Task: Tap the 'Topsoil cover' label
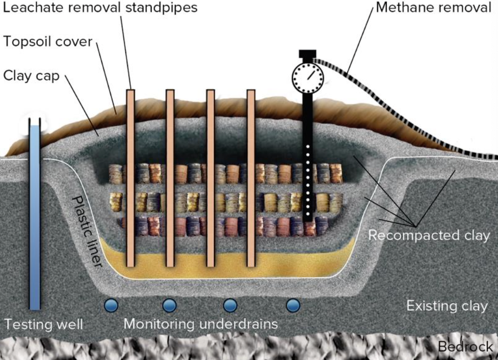[x=47, y=41]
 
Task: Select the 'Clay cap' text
[x=31, y=76]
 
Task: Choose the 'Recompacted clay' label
[x=429, y=236]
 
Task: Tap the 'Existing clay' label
[x=447, y=306]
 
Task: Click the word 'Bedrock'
[x=465, y=347]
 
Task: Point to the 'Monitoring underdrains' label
[x=200, y=323]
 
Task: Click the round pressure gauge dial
[x=307, y=76]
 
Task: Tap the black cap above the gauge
[x=307, y=53]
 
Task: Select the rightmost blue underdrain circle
[x=293, y=305]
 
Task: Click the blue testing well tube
[x=35, y=217]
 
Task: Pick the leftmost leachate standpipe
[x=130, y=178]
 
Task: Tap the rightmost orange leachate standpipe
[x=251, y=178]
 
